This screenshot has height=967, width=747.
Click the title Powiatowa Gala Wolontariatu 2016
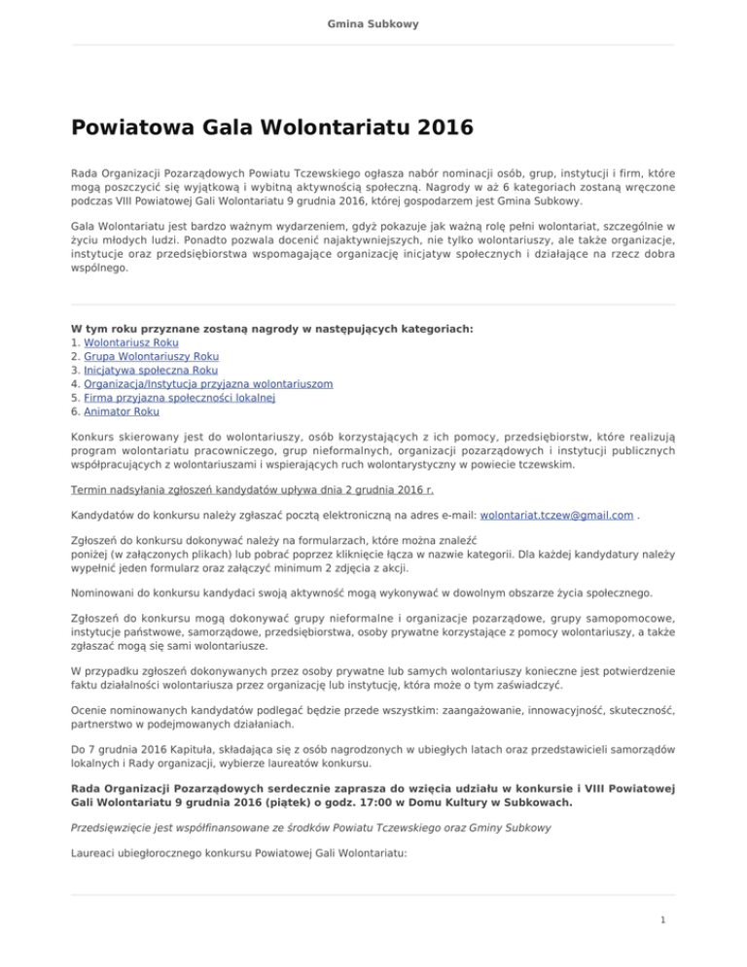[271, 127]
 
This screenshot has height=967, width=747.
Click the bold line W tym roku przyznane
[272, 330]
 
